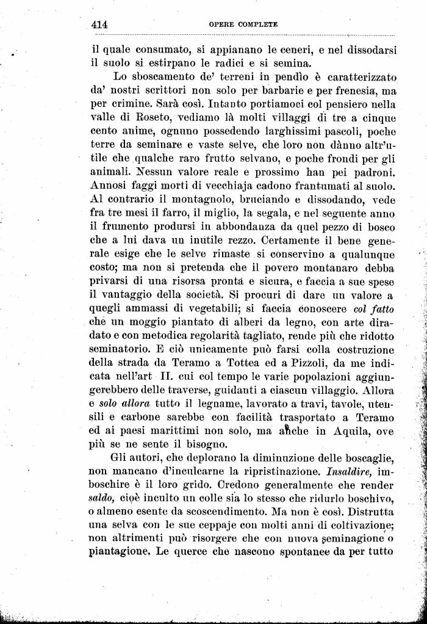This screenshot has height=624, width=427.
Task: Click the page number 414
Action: click(99, 25)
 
